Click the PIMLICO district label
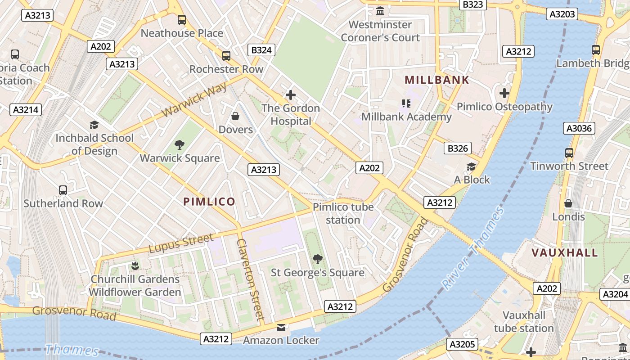pos(209,202)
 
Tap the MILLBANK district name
pos(437,80)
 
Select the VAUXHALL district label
pos(565,252)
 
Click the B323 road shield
pos(472,4)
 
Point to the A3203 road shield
pos(562,14)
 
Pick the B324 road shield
pos(261,50)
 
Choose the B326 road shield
pos(458,148)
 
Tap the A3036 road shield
pos(579,129)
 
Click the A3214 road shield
pos(26,110)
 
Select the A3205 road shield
pos(463,345)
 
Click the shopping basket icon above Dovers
pos(235,117)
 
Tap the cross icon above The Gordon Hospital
pos(291,95)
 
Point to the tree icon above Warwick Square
pos(180,145)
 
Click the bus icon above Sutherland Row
pos(63,190)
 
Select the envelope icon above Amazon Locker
pos(281,328)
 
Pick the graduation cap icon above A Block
pos(471,166)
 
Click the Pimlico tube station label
pos(343,213)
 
